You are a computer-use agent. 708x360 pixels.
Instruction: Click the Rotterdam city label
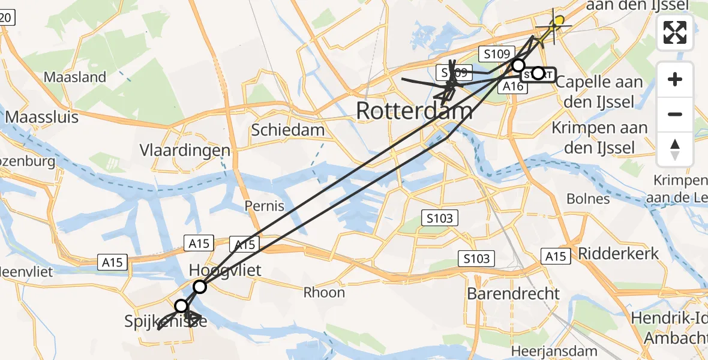click(x=414, y=111)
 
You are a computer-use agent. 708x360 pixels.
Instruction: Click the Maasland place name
click(x=75, y=77)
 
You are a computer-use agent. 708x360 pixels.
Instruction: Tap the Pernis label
click(x=265, y=206)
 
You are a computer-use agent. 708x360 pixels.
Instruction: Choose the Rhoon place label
click(x=324, y=292)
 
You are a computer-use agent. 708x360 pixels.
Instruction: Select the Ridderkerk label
click(x=617, y=253)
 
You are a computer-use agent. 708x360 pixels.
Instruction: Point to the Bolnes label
click(x=588, y=199)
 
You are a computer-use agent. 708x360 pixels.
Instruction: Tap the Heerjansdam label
click(x=554, y=351)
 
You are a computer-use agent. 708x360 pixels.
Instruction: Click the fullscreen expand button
click(x=675, y=32)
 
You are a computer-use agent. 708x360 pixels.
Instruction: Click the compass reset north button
click(x=675, y=149)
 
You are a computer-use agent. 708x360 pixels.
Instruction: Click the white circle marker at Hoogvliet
click(x=200, y=287)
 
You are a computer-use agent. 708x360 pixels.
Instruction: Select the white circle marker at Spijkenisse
click(x=181, y=307)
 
